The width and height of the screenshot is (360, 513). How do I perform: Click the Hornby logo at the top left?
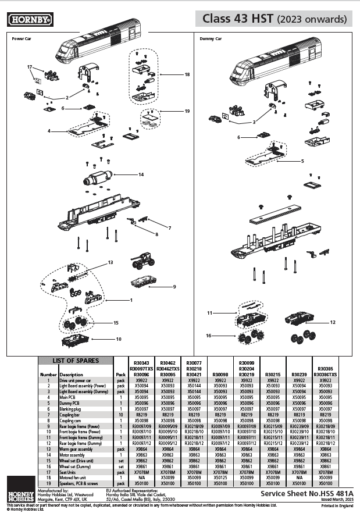(x=30, y=20)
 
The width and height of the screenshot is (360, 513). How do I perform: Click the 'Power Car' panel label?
(x=22, y=40)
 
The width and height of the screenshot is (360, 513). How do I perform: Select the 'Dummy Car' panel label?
(x=210, y=40)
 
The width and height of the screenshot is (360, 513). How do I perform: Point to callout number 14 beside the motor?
(x=141, y=174)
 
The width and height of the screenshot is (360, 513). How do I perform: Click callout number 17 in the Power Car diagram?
(x=30, y=67)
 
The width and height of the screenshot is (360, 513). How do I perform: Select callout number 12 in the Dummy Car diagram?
(x=333, y=322)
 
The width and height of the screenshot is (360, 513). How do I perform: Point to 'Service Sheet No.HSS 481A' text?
(x=306, y=493)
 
